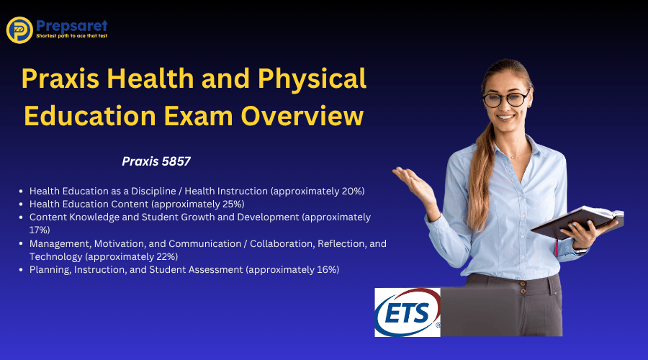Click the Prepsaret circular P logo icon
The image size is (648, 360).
(19, 30)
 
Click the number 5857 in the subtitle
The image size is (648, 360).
(174, 162)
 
